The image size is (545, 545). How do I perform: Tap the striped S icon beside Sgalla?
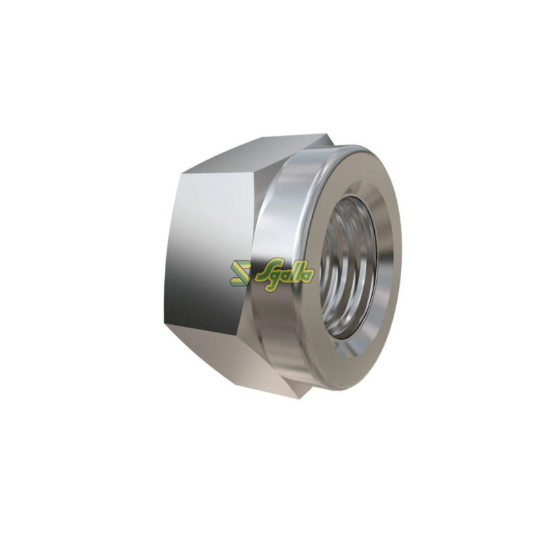point(240,273)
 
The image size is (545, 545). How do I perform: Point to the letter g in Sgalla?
point(275,278)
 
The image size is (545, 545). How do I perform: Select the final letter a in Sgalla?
point(309,275)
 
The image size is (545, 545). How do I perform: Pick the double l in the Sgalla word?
point(296,272)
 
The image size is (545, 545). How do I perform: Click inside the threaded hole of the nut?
point(348,268)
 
